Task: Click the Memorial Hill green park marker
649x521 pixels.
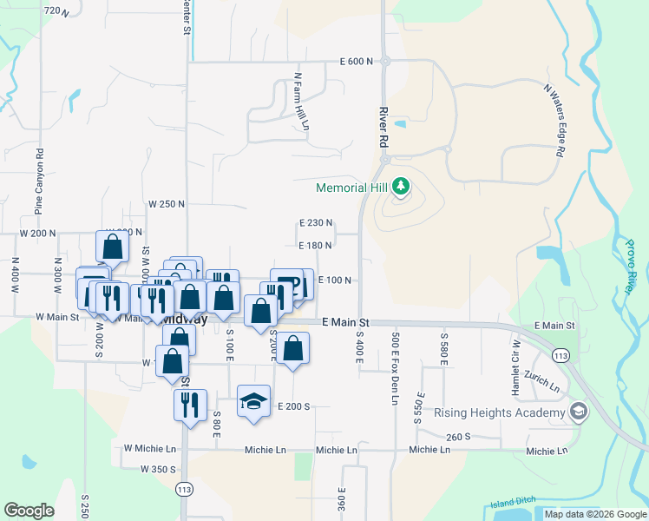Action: pos(400,187)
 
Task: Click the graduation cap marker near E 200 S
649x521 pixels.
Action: pos(253,401)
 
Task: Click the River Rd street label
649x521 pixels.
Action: pos(383,127)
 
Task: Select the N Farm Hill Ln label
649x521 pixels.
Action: pos(302,102)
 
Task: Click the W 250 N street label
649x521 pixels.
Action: pos(167,204)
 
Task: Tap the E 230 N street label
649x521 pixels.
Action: pos(315,223)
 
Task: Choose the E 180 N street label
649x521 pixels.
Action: pos(315,246)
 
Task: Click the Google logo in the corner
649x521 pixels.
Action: pos(28,511)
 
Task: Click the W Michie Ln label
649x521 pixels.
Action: pos(149,449)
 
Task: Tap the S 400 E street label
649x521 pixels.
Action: pos(357,346)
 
